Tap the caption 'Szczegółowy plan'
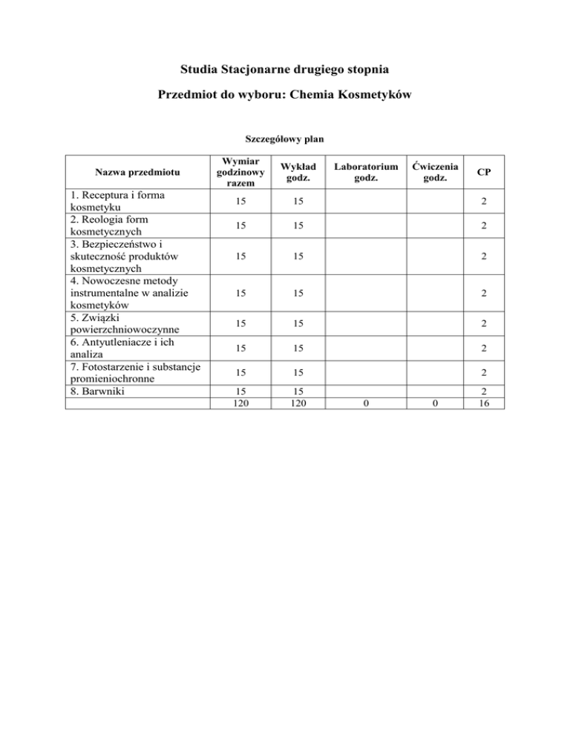(284, 138)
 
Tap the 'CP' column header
(483, 172)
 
